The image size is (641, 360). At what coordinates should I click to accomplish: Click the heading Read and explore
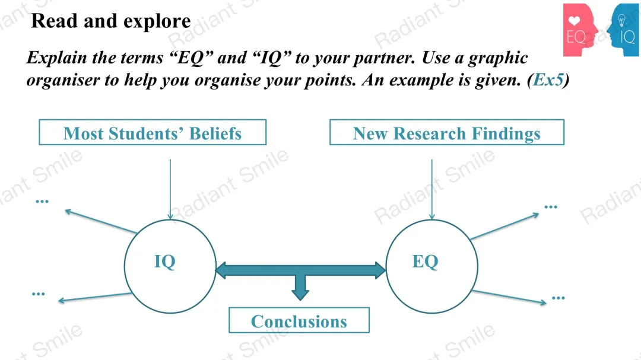click(x=110, y=21)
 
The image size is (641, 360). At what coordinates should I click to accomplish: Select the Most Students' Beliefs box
click(x=153, y=133)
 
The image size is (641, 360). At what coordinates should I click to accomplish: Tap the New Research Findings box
click(x=446, y=133)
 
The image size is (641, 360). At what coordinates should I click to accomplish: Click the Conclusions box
click(x=299, y=321)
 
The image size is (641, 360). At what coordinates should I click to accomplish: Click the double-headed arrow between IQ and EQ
click(x=300, y=271)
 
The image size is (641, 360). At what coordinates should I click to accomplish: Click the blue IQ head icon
click(x=624, y=30)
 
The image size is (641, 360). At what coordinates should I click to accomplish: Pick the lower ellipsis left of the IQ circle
click(x=39, y=294)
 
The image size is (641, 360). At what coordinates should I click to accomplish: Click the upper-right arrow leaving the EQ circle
click(x=504, y=226)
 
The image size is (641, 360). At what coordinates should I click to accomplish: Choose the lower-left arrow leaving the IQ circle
click(x=95, y=298)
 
